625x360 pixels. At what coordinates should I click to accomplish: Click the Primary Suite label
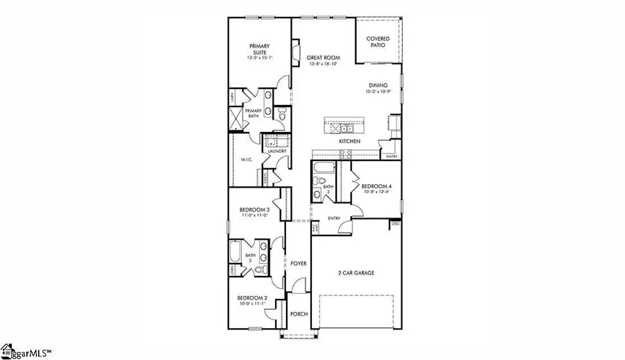[x=260, y=49]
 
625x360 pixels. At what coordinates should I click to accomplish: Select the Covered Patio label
[x=378, y=42]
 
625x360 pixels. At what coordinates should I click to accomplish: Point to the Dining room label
[x=378, y=85]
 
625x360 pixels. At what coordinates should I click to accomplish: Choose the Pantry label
[x=391, y=157]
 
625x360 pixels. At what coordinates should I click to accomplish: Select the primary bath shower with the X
[x=237, y=119]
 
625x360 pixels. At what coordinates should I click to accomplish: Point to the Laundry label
[x=278, y=151]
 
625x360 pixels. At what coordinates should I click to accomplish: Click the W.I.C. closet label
[x=246, y=159]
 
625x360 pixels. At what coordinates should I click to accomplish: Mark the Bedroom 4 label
[x=376, y=186]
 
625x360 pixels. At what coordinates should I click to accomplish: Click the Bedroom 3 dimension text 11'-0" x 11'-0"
[x=254, y=215]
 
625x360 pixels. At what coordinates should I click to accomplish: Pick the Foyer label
[x=299, y=263]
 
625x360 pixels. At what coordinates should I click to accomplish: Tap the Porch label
[x=299, y=313]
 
